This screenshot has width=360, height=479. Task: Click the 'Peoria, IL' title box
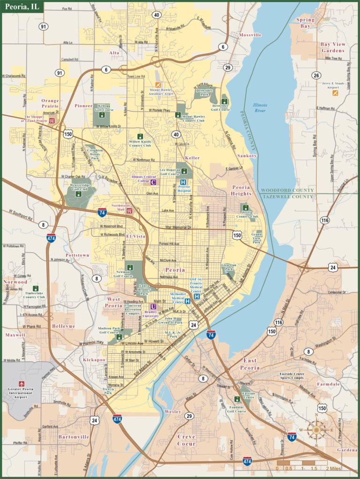(x=22, y=7)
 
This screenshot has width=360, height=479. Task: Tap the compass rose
(x=316, y=429)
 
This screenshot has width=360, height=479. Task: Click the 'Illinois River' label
(x=260, y=109)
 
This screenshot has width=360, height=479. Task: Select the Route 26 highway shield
(x=317, y=75)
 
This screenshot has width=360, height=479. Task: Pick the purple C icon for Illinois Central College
(x=153, y=182)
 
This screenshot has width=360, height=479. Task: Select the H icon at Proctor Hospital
(x=183, y=182)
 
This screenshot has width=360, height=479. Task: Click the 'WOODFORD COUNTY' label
(x=287, y=190)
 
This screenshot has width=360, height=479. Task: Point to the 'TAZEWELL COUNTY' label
(x=287, y=196)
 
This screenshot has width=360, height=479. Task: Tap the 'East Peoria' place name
(x=251, y=364)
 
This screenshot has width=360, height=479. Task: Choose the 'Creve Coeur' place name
(x=186, y=440)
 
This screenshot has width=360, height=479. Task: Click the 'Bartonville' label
(x=73, y=436)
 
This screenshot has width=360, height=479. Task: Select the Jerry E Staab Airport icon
(x=335, y=93)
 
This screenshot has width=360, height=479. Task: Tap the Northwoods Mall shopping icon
(x=130, y=211)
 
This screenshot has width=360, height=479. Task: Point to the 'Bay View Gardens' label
(x=332, y=47)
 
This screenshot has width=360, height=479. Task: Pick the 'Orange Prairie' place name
(x=50, y=103)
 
